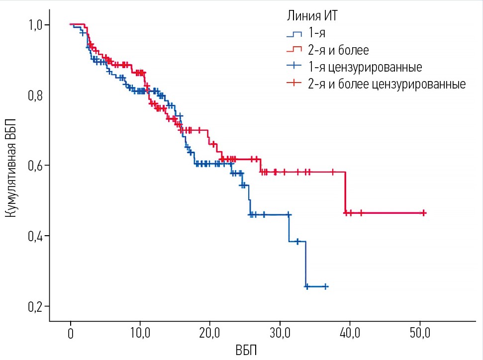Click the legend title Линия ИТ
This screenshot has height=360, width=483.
tap(313, 16)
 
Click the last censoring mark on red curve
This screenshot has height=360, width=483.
tap(423, 212)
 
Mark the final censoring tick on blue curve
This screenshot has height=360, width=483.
tap(325, 286)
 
